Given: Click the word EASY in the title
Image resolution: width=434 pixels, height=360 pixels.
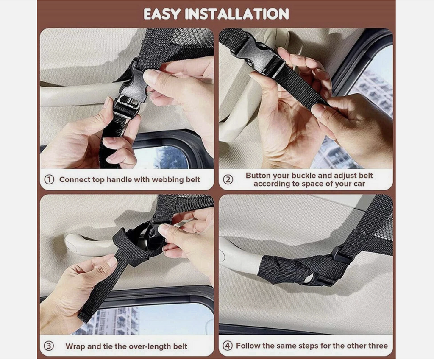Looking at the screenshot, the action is click(162, 14).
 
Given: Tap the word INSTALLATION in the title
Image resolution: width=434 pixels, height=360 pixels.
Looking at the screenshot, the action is click(237, 14).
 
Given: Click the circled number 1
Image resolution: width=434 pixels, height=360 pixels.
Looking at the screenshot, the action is click(49, 180).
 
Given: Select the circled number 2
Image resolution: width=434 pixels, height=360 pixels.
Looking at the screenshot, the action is click(228, 180).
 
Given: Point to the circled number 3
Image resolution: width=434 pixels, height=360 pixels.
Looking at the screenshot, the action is click(49, 346).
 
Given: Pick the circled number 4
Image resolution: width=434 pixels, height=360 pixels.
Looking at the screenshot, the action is click(228, 346).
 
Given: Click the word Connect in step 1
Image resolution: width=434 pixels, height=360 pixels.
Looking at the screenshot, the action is click(75, 180).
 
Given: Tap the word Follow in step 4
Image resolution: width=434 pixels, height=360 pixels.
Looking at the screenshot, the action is click(248, 346).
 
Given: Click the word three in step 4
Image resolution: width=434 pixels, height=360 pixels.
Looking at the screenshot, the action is click(378, 346).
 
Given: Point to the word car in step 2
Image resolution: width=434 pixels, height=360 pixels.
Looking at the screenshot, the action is click(359, 184).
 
